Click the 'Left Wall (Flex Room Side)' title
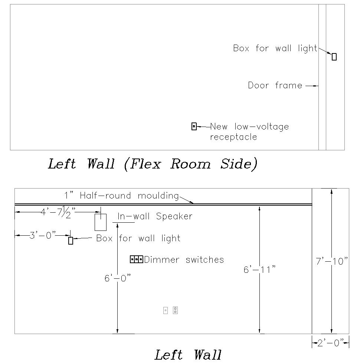pos(152,164)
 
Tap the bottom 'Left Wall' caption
pos(188,355)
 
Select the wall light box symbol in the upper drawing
pos(334,57)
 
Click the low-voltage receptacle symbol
pos(194,127)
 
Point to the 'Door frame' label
pos(275,86)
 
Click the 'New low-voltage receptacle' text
pos(249,132)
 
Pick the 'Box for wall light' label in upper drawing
pos(275,48)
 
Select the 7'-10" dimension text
pos(331,261)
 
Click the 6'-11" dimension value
pos(259,269)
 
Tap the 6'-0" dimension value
pos(117,278)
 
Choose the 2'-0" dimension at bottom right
pos(330,343)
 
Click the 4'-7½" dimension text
pos(58,212)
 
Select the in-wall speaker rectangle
pos(101,222)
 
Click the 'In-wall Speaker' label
pos(155,216)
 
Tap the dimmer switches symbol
pos(137,259)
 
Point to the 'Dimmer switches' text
pos(184,259)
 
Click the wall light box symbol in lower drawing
pos(71,241)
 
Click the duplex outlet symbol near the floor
pos(175,310)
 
